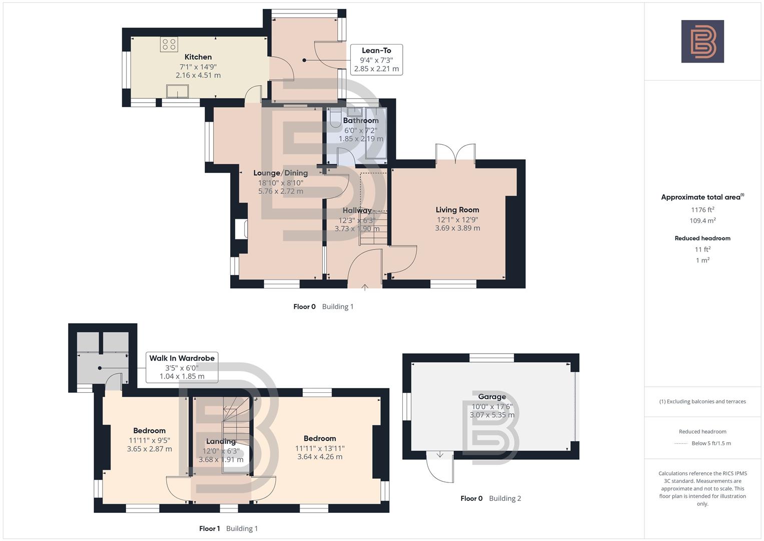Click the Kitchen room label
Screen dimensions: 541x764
click(198, 57)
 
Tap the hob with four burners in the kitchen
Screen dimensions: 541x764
click(169, 44)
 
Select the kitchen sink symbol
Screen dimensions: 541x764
click(178, 91)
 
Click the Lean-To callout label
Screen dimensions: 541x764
click(376, 51)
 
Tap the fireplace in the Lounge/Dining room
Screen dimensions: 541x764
click(241, 229)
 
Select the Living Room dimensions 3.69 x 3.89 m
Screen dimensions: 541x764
click(457, 228)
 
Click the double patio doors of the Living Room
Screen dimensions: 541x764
click(455, 154)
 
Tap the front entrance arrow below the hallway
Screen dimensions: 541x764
click(365, 288)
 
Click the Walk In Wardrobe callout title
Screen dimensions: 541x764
click(182, 358)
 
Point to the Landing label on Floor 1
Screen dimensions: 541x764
click(221, 441)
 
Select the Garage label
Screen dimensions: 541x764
click(492, 397)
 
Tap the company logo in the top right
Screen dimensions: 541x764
click(702, 41)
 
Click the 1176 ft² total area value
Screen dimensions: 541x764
click(702, 210)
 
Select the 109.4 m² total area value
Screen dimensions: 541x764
click(702, 221)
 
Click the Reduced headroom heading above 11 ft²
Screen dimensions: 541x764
click(702, 238)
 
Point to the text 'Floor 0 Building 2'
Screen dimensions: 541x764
click(491, 498)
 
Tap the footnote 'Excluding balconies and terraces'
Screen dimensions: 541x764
click(702, 401)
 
